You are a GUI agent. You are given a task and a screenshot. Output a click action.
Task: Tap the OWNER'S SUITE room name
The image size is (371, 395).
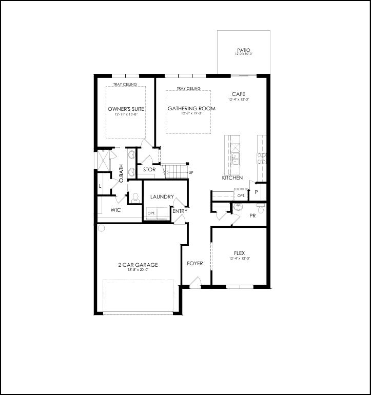tap(126, 109)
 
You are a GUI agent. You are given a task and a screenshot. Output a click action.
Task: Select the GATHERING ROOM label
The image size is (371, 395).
tap(191, 108)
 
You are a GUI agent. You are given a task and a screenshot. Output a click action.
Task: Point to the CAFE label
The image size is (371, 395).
tap(238, 94)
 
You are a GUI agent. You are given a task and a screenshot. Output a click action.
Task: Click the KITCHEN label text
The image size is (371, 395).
tap(232, 177)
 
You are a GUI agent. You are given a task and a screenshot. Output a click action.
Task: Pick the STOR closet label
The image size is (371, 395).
tap(149, 170)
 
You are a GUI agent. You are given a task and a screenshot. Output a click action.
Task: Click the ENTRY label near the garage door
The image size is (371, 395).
tap(180, 211)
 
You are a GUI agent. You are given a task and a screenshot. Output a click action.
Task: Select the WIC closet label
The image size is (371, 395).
tap(115, 210)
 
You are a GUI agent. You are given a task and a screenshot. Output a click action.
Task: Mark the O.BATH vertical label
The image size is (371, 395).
tap(121, 173)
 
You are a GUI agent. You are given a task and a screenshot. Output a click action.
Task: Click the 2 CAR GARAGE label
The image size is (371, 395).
tap(138, 265)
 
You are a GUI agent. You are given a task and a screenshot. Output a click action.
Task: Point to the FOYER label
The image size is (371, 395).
tap(194, 263)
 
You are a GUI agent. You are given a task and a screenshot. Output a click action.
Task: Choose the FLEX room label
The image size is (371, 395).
tap(239, 253)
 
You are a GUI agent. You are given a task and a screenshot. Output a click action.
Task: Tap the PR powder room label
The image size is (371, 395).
tap(252, 216)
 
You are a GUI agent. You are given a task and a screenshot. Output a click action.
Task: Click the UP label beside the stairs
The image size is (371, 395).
tap(191, 172)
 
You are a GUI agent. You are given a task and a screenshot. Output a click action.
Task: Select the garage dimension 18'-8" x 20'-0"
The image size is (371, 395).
tap(138, 270)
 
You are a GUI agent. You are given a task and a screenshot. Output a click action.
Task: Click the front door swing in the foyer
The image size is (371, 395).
tap(195, 282)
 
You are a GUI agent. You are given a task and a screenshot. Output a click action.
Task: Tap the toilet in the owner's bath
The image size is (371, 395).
tap(135, 196)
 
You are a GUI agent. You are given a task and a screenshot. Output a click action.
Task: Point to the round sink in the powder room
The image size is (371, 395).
tap(238, 208)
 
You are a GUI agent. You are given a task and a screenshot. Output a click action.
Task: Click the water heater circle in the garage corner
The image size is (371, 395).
tap(101, 227)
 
